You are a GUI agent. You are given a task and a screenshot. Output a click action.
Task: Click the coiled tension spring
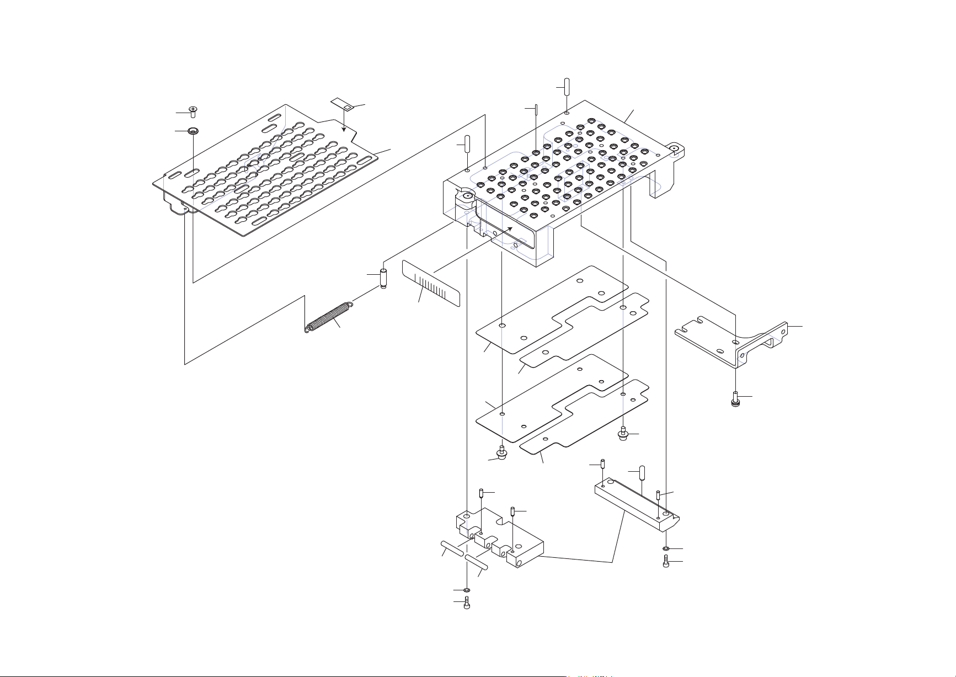pyautogui.click(x=329, y=317)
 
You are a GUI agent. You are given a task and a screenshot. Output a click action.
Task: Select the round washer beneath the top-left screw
pyautogui.click(x=193, y=131)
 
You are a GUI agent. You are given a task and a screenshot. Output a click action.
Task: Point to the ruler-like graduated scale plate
pyautogui.click(x=431, y=284)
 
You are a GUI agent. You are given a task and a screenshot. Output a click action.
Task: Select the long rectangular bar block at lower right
pyautogui.click(x=637, y=505)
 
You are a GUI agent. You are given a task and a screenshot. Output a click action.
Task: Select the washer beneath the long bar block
pyautogui.click(x=666, y=548)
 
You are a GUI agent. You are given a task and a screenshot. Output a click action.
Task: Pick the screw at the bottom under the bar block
pyautogui.click(x=666, y=563)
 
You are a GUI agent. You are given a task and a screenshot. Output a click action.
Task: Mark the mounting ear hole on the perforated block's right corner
pyautogui.click(x=674, y=148)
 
